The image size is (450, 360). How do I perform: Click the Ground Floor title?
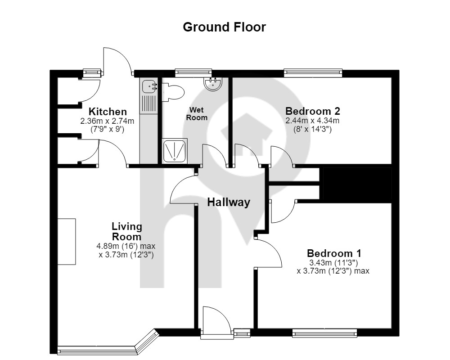[x=225, y=27]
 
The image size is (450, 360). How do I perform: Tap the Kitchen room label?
[x=108, y=112]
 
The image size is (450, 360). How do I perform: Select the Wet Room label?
[x=197, y=114]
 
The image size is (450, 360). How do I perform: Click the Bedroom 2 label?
[x=313, y=111]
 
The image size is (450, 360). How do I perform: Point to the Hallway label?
[x=229, y=202]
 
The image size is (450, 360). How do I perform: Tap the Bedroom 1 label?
[x=334, y=253]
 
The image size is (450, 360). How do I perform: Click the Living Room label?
[x=127, y=232]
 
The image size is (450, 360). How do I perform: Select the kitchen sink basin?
[x=149, y=86]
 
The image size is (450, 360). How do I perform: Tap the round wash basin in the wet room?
[x=212, y=84]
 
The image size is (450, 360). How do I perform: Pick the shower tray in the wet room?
[x=175, y=151]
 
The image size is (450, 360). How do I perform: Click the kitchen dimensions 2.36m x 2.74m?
[x=107, y=121]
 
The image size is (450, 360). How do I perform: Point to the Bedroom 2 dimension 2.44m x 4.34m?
[x=312, y=121]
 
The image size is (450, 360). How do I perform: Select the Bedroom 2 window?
[x=313, y=73]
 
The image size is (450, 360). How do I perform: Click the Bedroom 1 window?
[x=324, y=333]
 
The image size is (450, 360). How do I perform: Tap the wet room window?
[x=193, y=73]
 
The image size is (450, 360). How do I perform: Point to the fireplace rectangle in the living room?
[x=67, y=242]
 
